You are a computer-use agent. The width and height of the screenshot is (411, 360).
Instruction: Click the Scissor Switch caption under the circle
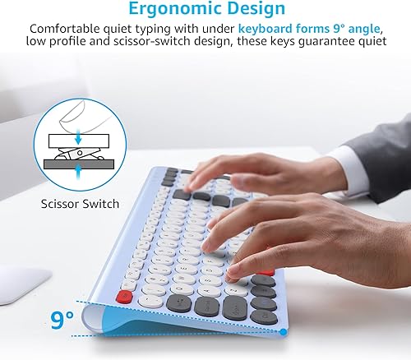81,203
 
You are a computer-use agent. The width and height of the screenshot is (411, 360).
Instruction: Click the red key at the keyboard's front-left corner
126,295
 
